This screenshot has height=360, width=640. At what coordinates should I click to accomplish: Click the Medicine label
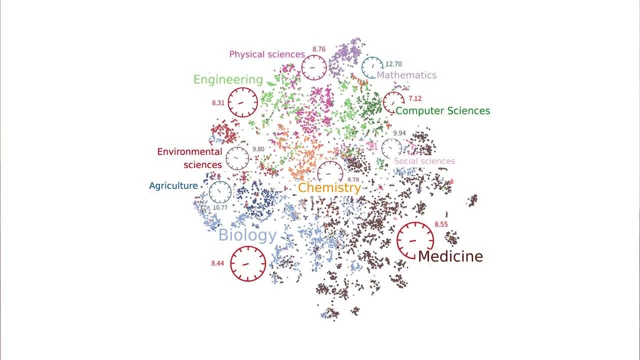pyautogui.click(x=450, y=256)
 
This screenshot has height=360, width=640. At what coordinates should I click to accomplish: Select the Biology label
pyautogui.click(x=247, y=235)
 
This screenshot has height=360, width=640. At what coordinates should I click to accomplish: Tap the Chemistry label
pyautogui.click(x=329, y=188)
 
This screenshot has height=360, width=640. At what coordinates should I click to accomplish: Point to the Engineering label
pyautogui.click(x=227, y=79)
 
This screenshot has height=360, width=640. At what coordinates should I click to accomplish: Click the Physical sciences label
pyautogui.click(x=267, y=54)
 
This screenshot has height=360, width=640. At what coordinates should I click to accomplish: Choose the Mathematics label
pyautogui.click(x=406, y=75)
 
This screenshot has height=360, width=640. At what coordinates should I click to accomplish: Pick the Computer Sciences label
pyautogui.click(x=442, y=110)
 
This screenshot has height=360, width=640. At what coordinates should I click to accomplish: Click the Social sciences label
pyautogui.click(x=424, y=161)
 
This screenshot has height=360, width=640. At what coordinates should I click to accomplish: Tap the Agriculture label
pyautogui.click(x=173, y=186)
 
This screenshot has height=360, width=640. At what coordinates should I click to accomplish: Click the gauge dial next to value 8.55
pyautogui.click(x=415, y=240)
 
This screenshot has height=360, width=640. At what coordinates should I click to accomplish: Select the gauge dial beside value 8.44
pyautogui.click(x=248, y=263)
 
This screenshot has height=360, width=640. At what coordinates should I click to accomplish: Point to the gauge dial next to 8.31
pyautogui.click(x=243, y=102)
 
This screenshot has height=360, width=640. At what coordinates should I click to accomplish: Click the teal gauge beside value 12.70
pyautogui.click(x=372, y=67)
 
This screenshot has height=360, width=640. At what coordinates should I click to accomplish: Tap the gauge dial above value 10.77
pyautogui.click(x=220, y=192)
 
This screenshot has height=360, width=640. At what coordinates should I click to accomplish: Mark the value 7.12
pyautogui.click(x=415, y=98)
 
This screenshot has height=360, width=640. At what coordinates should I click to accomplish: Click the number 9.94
pyautogui.click(x=399, y=133)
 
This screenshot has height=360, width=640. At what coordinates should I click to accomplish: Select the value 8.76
pyautogui.click(x=319, y=49)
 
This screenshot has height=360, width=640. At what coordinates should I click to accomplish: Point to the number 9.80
pyautogui.click(x=258, y=149)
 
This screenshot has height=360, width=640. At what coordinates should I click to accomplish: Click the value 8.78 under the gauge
pyautogui.click(x=353, y=179)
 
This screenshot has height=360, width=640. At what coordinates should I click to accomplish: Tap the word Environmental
pyautogui.click(x=189, y=151)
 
